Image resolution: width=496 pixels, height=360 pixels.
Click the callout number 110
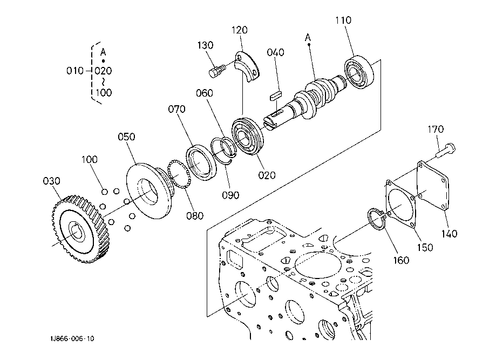pos(343,21)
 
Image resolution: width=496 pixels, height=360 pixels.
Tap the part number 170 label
pos(436,129)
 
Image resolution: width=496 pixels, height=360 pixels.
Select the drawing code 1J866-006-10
pos(72,338)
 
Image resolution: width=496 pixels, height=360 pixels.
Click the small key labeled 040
pos(275,96)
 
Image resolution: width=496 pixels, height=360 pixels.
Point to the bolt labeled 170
pos(445,150)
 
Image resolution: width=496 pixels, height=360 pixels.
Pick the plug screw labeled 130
pos(218,71)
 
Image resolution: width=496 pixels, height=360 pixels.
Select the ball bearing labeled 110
pos(359,72)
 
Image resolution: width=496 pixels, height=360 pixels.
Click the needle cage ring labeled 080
pos(179,174)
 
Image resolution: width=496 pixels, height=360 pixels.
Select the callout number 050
pos(126,137)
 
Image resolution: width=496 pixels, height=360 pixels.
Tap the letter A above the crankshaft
pos(308,38)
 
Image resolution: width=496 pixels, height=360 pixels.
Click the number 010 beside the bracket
pos(74,71)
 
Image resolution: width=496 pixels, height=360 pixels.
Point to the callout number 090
pos(230,195)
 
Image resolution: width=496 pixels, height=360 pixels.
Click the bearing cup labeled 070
pos(201,162)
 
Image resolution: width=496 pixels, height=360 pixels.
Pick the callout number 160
pos(401,260)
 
